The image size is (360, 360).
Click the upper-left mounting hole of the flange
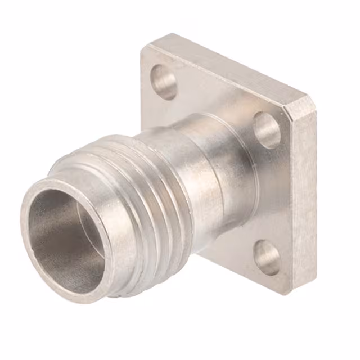coord(164,81)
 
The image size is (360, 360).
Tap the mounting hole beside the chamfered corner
coord(267,129)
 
